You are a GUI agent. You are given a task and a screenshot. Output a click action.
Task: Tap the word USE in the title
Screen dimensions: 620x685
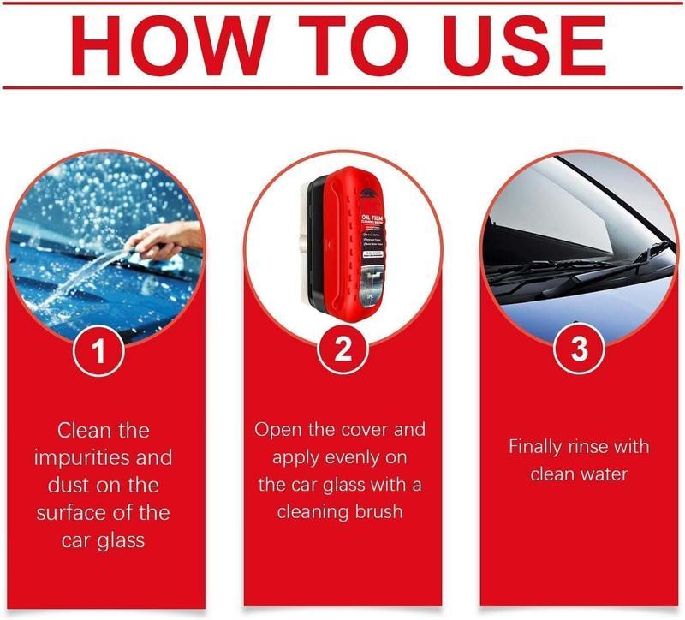503,44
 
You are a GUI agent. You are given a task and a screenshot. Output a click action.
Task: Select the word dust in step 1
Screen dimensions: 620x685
68,486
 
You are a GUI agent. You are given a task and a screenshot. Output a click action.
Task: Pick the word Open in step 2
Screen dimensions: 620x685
275,429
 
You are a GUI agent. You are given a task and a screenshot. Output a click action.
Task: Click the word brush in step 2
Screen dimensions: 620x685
382,513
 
